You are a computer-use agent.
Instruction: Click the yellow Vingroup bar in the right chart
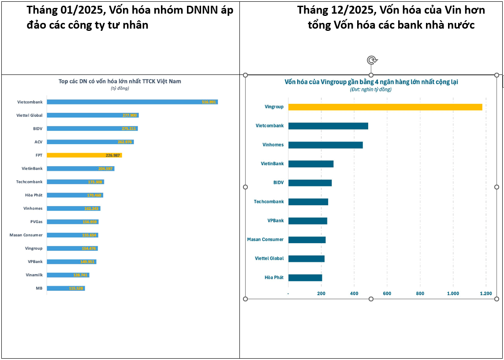(x=385, y=107)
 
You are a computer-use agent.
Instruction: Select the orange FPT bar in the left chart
(x=84, y=155)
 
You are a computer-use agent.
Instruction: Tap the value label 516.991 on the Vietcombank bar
(x=209, y=102)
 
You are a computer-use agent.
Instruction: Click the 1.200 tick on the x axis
(x=486, y=293)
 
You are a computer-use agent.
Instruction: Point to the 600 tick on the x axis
(x=387, y=293)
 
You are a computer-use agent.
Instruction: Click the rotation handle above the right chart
(x=372, y=60)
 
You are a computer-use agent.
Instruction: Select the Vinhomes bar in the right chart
(x=325, y=145)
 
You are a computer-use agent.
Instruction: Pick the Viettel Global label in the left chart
(x=30, y=115)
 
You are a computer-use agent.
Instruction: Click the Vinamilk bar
(x=68, y=275)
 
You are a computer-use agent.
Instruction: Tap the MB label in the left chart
(x=39, y=288)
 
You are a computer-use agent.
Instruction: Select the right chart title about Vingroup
(x=371, y=82)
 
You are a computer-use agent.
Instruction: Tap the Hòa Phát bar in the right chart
(x=305, y=278)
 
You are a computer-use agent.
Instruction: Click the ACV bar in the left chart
(x=90, y=142)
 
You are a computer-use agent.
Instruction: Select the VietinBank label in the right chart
(x=272, y=164)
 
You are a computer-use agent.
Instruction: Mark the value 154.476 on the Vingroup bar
(x=90, y=249)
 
